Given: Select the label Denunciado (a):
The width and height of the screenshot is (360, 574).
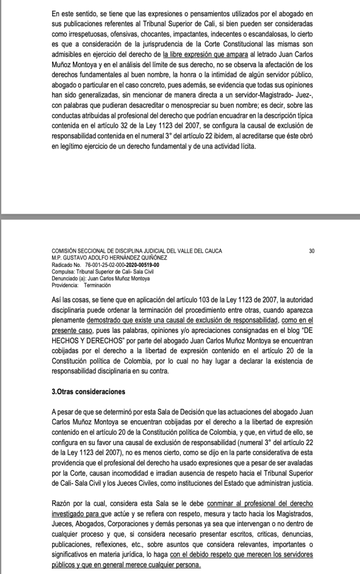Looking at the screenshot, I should (70, 277).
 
